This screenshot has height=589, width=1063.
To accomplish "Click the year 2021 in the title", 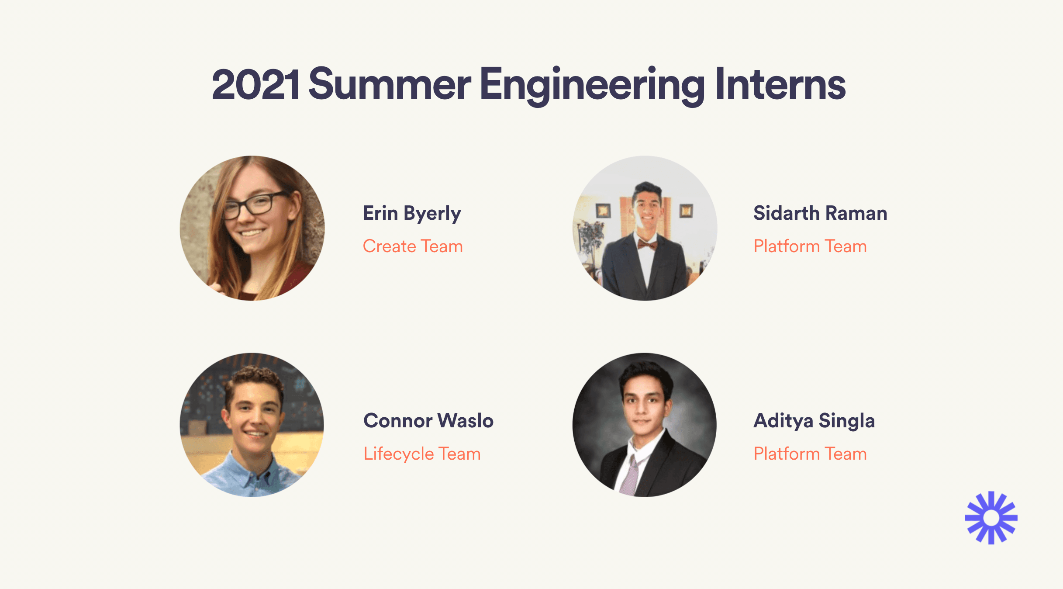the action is click(x=255, y=84).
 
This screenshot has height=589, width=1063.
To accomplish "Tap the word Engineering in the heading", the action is click(x=592, y=86).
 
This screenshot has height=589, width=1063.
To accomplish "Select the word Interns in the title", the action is click(x=780, y=84).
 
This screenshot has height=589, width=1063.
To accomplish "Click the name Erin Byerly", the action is click(x=412, y=214).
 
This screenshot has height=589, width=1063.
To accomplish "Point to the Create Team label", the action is click(x=413, y=246).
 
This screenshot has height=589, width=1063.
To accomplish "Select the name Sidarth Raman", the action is click(x=820, y=213).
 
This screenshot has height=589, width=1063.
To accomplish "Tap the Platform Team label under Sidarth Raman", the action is click(x=810, y=246).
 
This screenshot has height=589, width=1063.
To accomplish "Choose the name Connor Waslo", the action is click(x=428, y=421).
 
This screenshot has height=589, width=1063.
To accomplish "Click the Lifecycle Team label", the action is click(x=422, y=454).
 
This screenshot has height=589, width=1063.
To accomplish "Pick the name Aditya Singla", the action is click(x=814, y=421).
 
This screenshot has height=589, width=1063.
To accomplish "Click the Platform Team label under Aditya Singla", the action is click(x=810, y=454).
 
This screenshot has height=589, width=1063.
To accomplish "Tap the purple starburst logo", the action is click(x=991, y=518).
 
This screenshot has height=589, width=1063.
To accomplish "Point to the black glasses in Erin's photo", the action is click(x=255, y=205).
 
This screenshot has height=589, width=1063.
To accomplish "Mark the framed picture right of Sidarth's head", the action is click(x=686, y=211).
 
